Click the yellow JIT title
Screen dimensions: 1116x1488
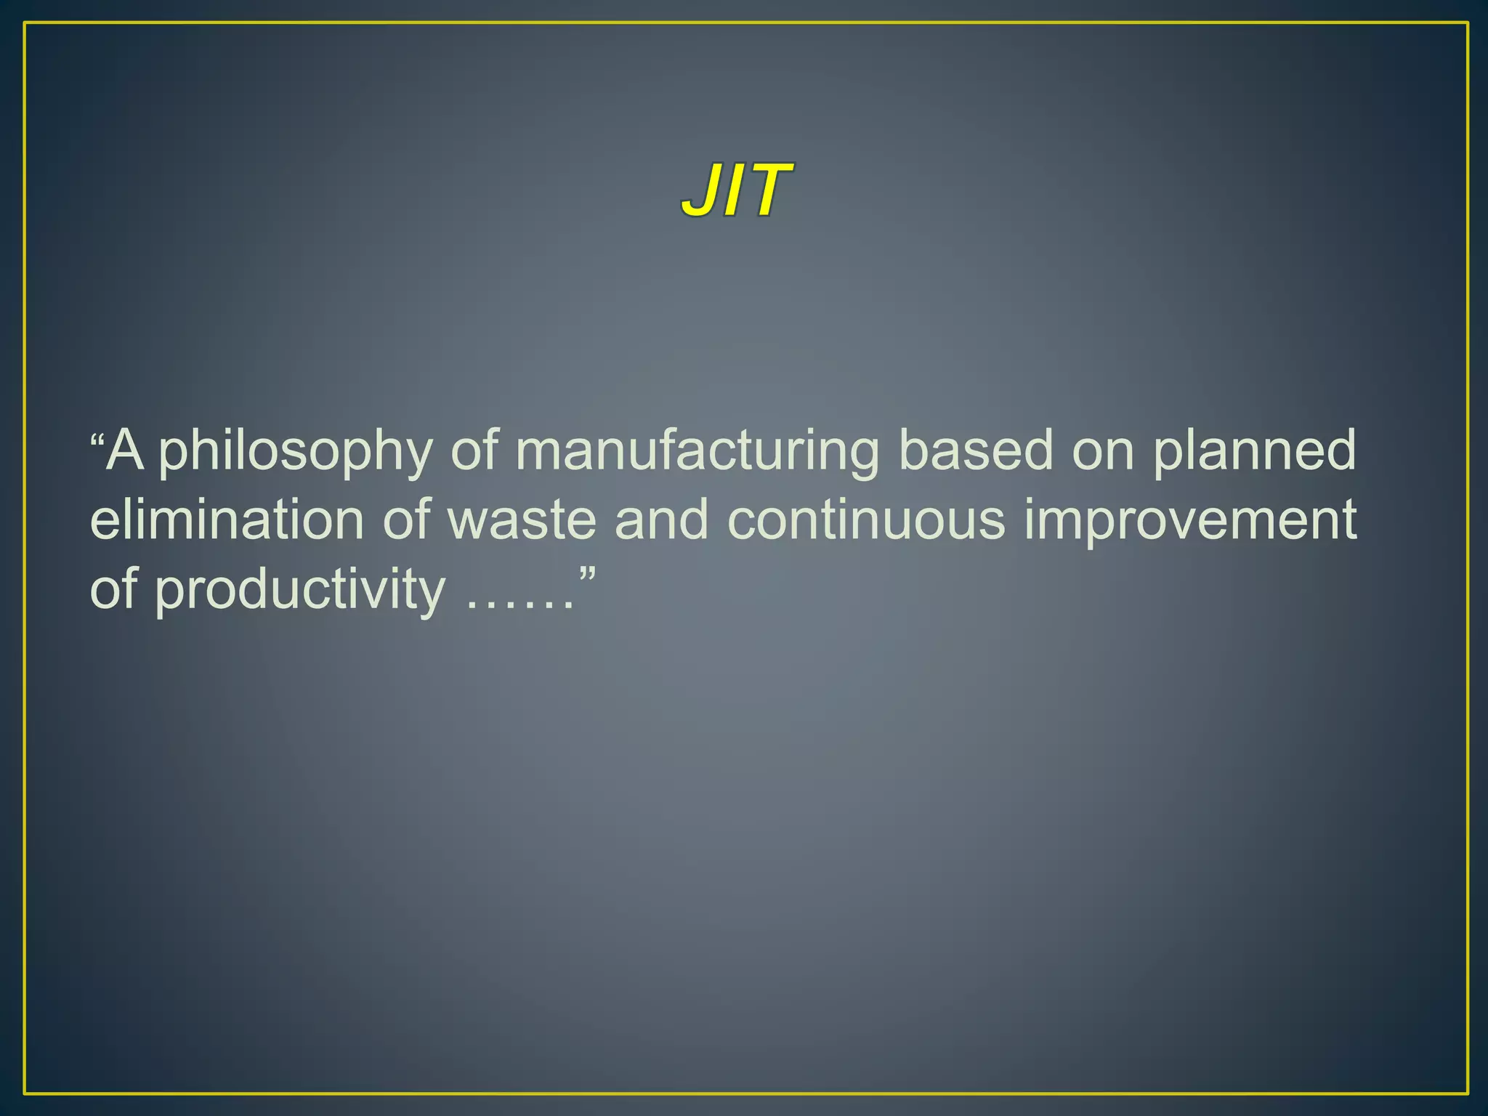tap(735, 190)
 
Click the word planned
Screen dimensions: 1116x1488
tap(1255, 452)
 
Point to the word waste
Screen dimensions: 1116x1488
tap(522, 520)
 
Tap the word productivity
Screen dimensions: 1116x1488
tap(299, 590)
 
